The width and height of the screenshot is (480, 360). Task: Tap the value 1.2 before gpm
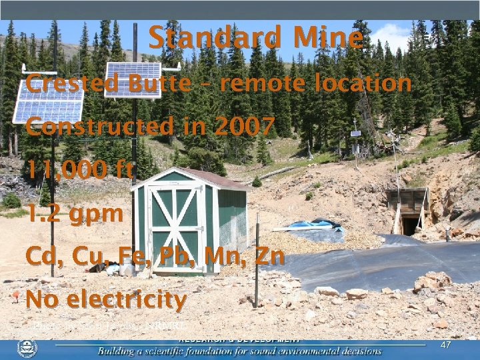pos(43,214)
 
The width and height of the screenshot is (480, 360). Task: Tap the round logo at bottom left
pos(27,349)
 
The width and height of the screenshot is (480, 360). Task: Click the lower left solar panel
pos(48,101)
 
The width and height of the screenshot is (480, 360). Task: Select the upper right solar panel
pos(133,79)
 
